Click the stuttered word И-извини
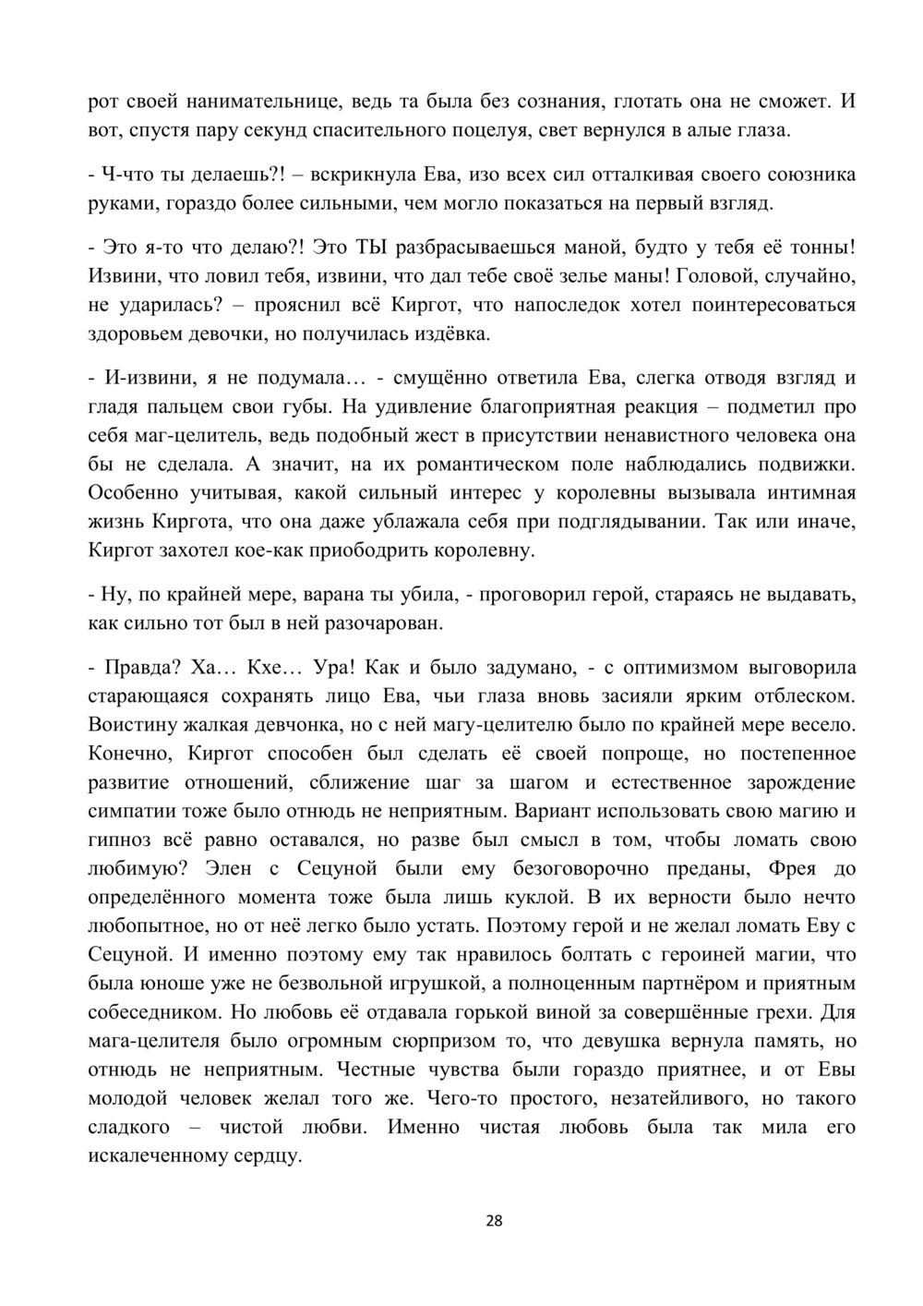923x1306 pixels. coord(138,378)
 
